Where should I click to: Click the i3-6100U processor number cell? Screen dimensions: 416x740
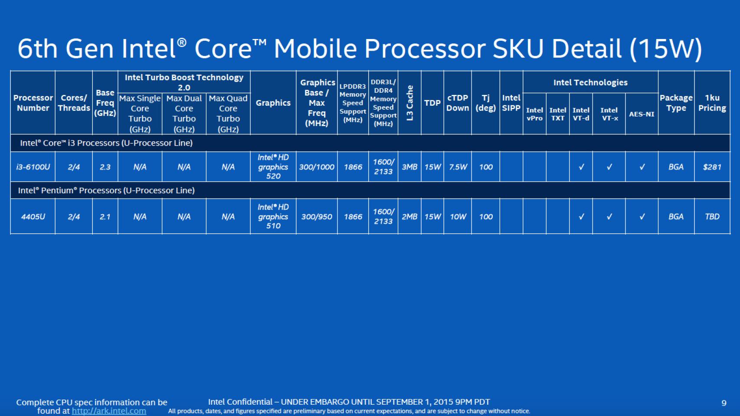click(x=33, y=167)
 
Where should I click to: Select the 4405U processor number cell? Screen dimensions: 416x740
click(x=33, y=217)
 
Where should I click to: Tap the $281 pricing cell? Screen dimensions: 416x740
click(x=712, y=167)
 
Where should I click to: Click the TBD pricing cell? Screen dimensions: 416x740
click(x=712, y=217)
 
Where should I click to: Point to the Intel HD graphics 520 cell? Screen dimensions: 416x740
click(x=273, y=167)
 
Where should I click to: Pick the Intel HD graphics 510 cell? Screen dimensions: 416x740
click(x=273, y=217)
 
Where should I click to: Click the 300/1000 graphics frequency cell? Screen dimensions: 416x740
click(x=317, y=167)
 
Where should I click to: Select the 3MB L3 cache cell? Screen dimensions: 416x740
click(x=409, y=167)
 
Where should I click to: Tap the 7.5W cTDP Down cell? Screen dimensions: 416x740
click(x=458, y=167)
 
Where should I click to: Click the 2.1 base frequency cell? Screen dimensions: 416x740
click(x=105, y=217)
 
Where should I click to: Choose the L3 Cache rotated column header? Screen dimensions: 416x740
click(x=409, y=103)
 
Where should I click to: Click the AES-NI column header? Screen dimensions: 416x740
click(x=642, y=114)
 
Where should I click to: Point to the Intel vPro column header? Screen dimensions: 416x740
click(x=534, y=114)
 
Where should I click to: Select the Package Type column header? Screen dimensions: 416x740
click(x=676, y=103)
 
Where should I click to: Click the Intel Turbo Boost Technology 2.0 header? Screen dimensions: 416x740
click(x=184, y=82)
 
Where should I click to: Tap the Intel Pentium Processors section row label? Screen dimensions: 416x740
click(x=106, y=190)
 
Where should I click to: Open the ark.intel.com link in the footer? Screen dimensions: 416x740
click(x=109, y=411)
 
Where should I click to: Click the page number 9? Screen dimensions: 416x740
click(x=724, y=403)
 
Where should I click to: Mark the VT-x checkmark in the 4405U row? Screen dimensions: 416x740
click(x=609, y=217)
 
